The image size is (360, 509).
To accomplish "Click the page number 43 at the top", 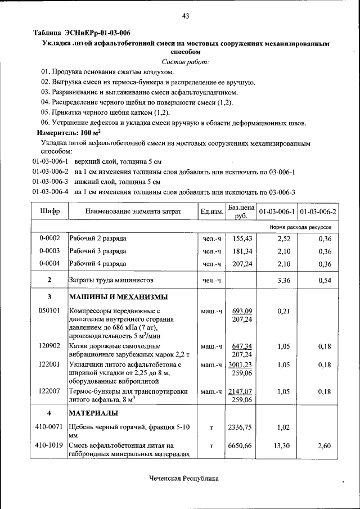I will point(185,16).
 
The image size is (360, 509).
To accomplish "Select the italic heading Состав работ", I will point(185,61).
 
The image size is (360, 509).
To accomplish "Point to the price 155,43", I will point(241,238).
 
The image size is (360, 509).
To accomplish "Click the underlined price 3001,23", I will point(242,364).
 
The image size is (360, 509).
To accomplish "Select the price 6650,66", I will point(241,445).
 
